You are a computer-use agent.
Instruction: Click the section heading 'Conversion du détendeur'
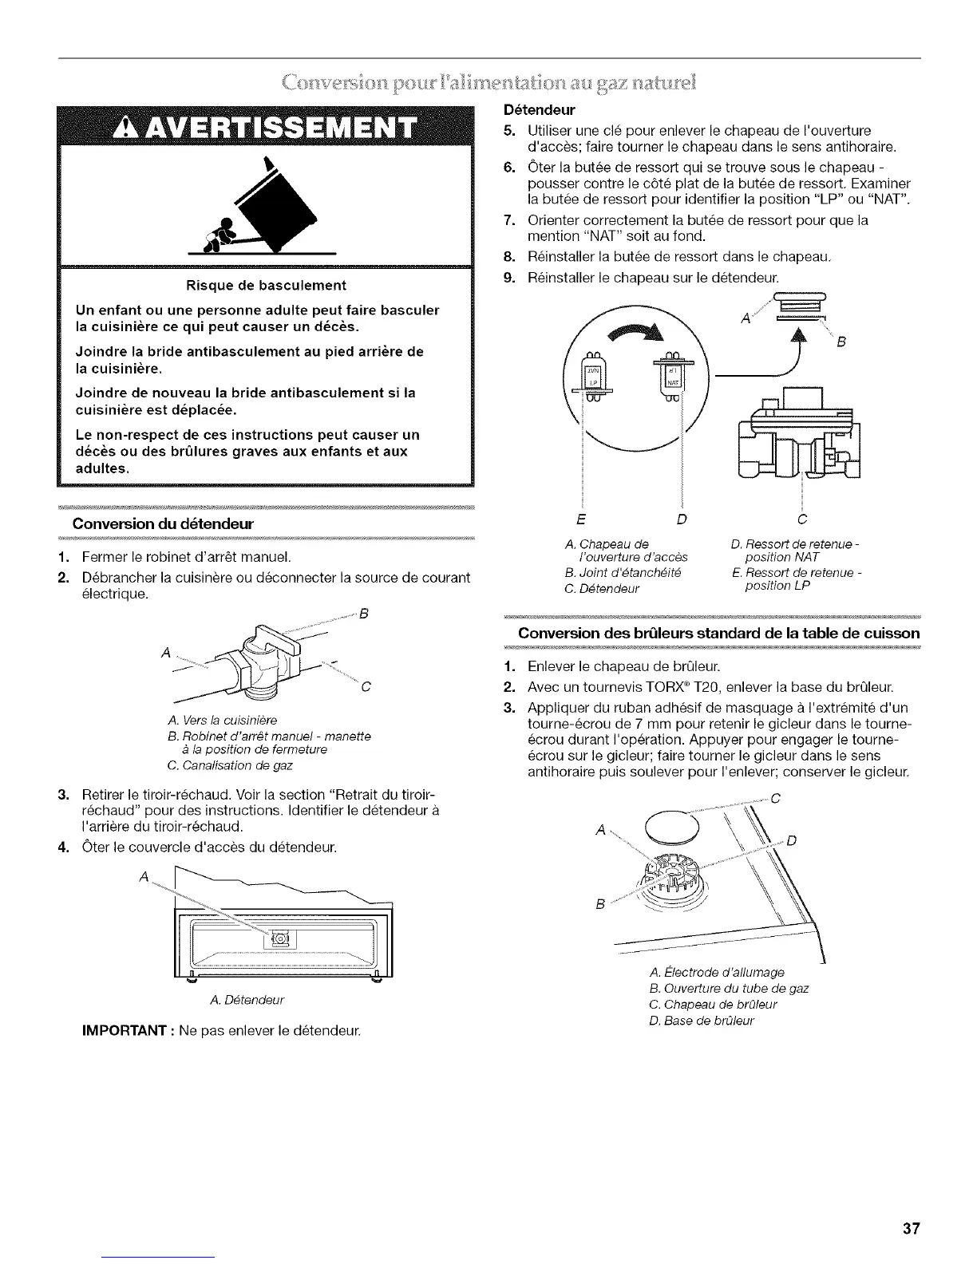(162, 524)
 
